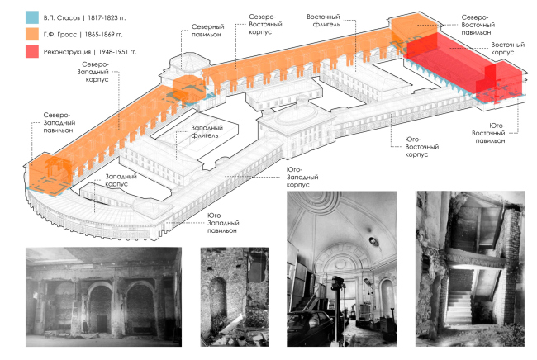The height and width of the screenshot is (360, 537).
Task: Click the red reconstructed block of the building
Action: pyautogui.click(x=459, y=66)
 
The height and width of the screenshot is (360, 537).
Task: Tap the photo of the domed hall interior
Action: pyautogui.click(x=340, y=272)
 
